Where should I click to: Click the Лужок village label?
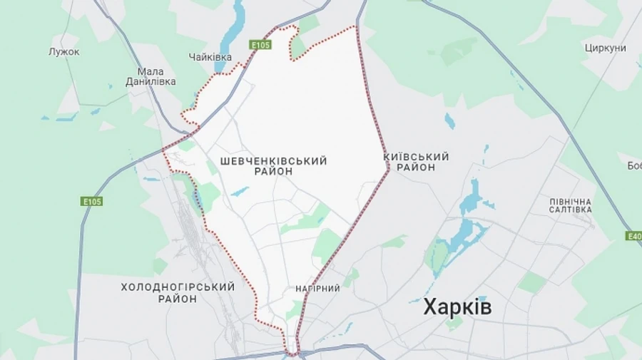tap(64, 52)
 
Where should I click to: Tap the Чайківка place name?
tap(210, 57)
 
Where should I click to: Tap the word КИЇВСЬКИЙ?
tap(416, 156)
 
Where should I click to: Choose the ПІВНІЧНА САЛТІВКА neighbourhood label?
tap(571, 206)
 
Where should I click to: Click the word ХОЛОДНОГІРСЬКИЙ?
tap(178, 287)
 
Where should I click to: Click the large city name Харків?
tap(457, 307)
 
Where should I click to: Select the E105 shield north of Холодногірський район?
tap(91, 202)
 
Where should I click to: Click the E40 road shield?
tap(633, 235)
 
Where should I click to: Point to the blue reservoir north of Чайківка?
tap(233, 29)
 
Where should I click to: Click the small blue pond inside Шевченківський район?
tap(240, 192)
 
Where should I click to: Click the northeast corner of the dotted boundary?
tap(354, 27)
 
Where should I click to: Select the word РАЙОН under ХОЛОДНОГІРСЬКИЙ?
tap(178, 299)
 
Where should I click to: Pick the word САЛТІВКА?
tap(571, 210)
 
